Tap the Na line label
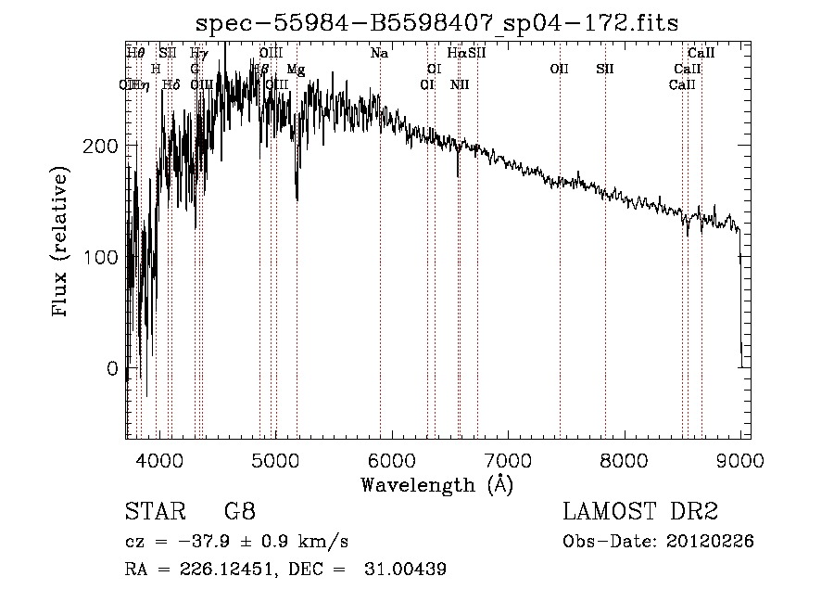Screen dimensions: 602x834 coord(379,54)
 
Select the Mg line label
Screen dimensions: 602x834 coord(296,70)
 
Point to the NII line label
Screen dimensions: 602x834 coord(460,85)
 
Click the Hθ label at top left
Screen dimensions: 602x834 coord(135,54)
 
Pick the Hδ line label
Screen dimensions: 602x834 coord(171,85)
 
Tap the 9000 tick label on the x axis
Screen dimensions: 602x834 coord(740,458)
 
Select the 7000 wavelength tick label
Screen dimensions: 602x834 coord(508,458)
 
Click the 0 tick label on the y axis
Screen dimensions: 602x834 coord(111,368)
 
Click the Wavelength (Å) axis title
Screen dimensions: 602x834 coord(436,484)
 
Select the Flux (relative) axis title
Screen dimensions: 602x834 coord(62,243)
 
